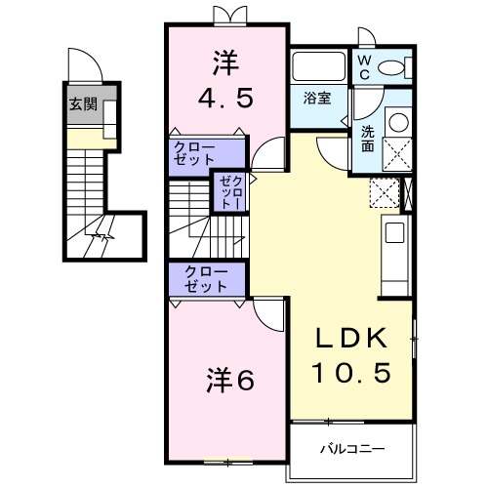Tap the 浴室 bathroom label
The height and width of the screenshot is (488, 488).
coord(315,99)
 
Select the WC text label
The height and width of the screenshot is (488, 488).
coord(362,65)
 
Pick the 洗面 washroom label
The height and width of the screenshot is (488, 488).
coord(366,139)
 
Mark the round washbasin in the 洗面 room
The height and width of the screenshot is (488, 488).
coord(397,123)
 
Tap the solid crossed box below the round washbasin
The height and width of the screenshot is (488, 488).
coord(397,154)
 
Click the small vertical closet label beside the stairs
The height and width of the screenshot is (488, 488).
coord(229,191)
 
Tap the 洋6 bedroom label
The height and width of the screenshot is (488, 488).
coord(230,379)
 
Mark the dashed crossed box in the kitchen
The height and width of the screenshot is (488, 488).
coord(385,191)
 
